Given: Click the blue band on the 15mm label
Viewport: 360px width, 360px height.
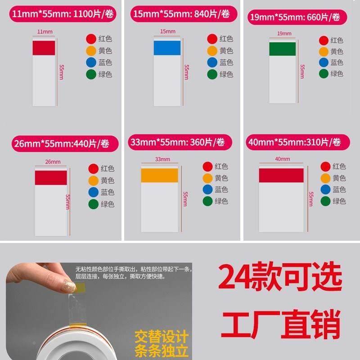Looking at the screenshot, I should point(167,48).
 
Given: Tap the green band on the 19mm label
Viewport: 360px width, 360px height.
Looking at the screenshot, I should point(282,49).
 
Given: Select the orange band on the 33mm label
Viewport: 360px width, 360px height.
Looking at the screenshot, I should point(159,175).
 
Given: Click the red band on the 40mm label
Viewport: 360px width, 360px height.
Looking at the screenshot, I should point(281,175).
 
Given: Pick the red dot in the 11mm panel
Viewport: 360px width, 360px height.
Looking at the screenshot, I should point(91,39).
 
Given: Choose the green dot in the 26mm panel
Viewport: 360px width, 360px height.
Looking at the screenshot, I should point(93,204).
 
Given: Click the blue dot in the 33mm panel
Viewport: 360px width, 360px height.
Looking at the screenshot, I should point(207,189).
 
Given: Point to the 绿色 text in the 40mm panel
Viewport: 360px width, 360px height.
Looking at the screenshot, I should point(339,201).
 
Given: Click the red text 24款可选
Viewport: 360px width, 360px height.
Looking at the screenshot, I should point(280,279).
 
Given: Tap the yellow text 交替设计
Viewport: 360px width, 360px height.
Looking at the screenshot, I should point(162,337).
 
